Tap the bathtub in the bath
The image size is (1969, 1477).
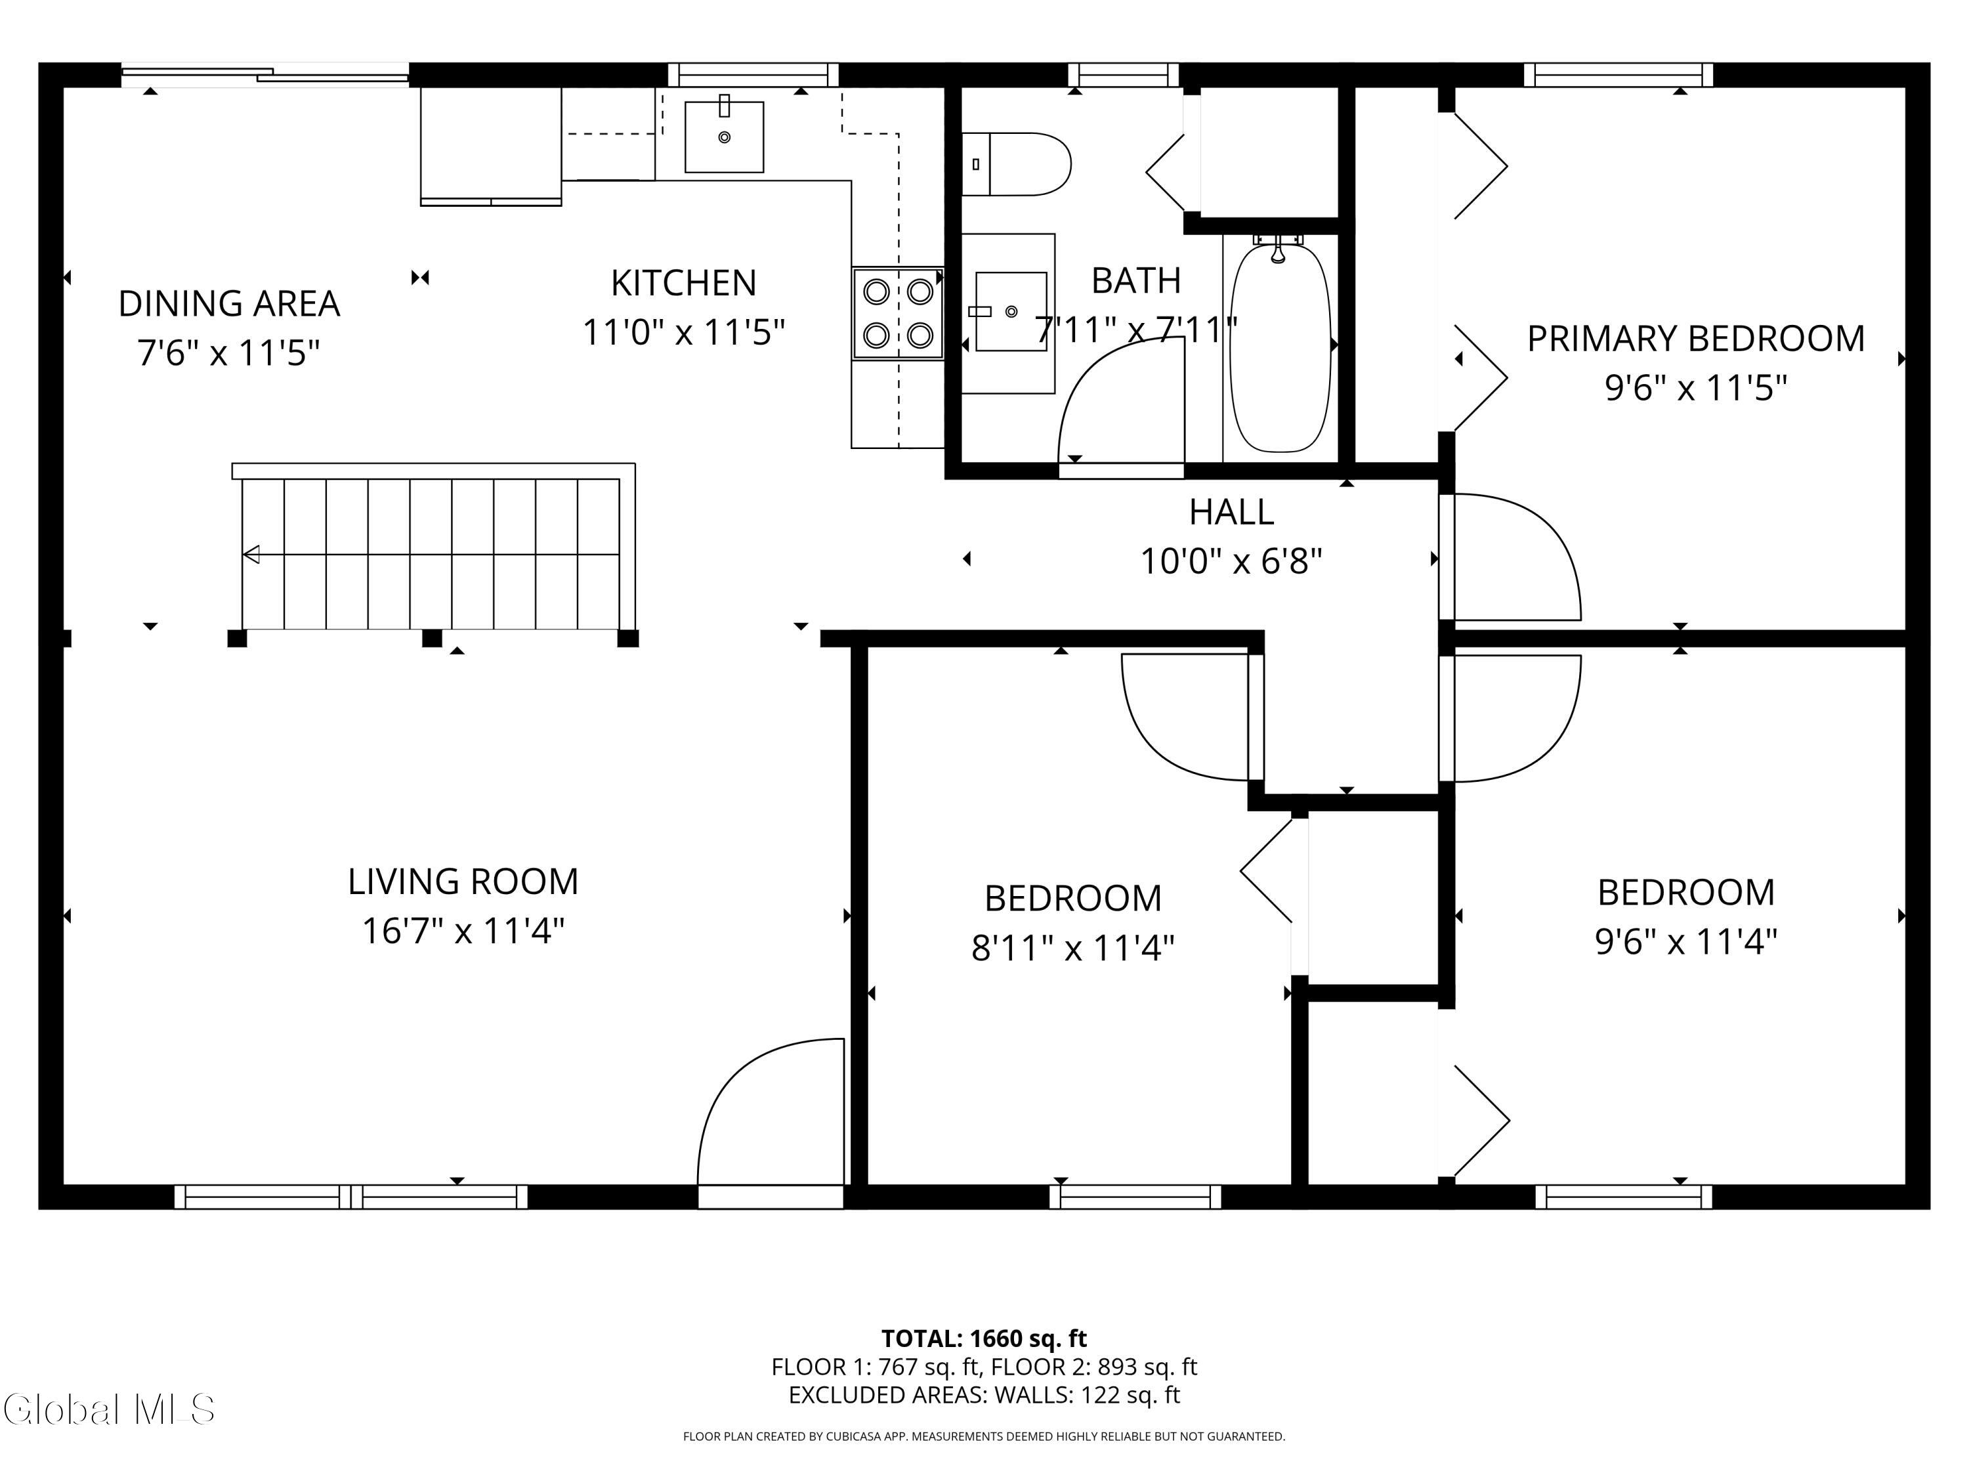[1280, 347]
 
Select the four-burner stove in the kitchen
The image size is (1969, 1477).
[897, 312]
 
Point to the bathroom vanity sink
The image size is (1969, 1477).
[1010, 312]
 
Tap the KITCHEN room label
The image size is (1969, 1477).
[684, 283]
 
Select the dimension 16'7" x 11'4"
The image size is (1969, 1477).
[463, 931]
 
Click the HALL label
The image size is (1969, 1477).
[1231, 512]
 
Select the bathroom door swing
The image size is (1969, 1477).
[1122, 400]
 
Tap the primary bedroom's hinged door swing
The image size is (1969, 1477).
[1511, 557]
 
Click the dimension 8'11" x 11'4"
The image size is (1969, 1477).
[1072, 948]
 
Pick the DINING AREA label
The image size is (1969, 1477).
[229, 303]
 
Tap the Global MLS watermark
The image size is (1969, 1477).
[108, 1409]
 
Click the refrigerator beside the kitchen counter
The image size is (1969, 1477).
[490, 146]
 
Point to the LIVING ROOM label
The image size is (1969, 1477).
[463, 882]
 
